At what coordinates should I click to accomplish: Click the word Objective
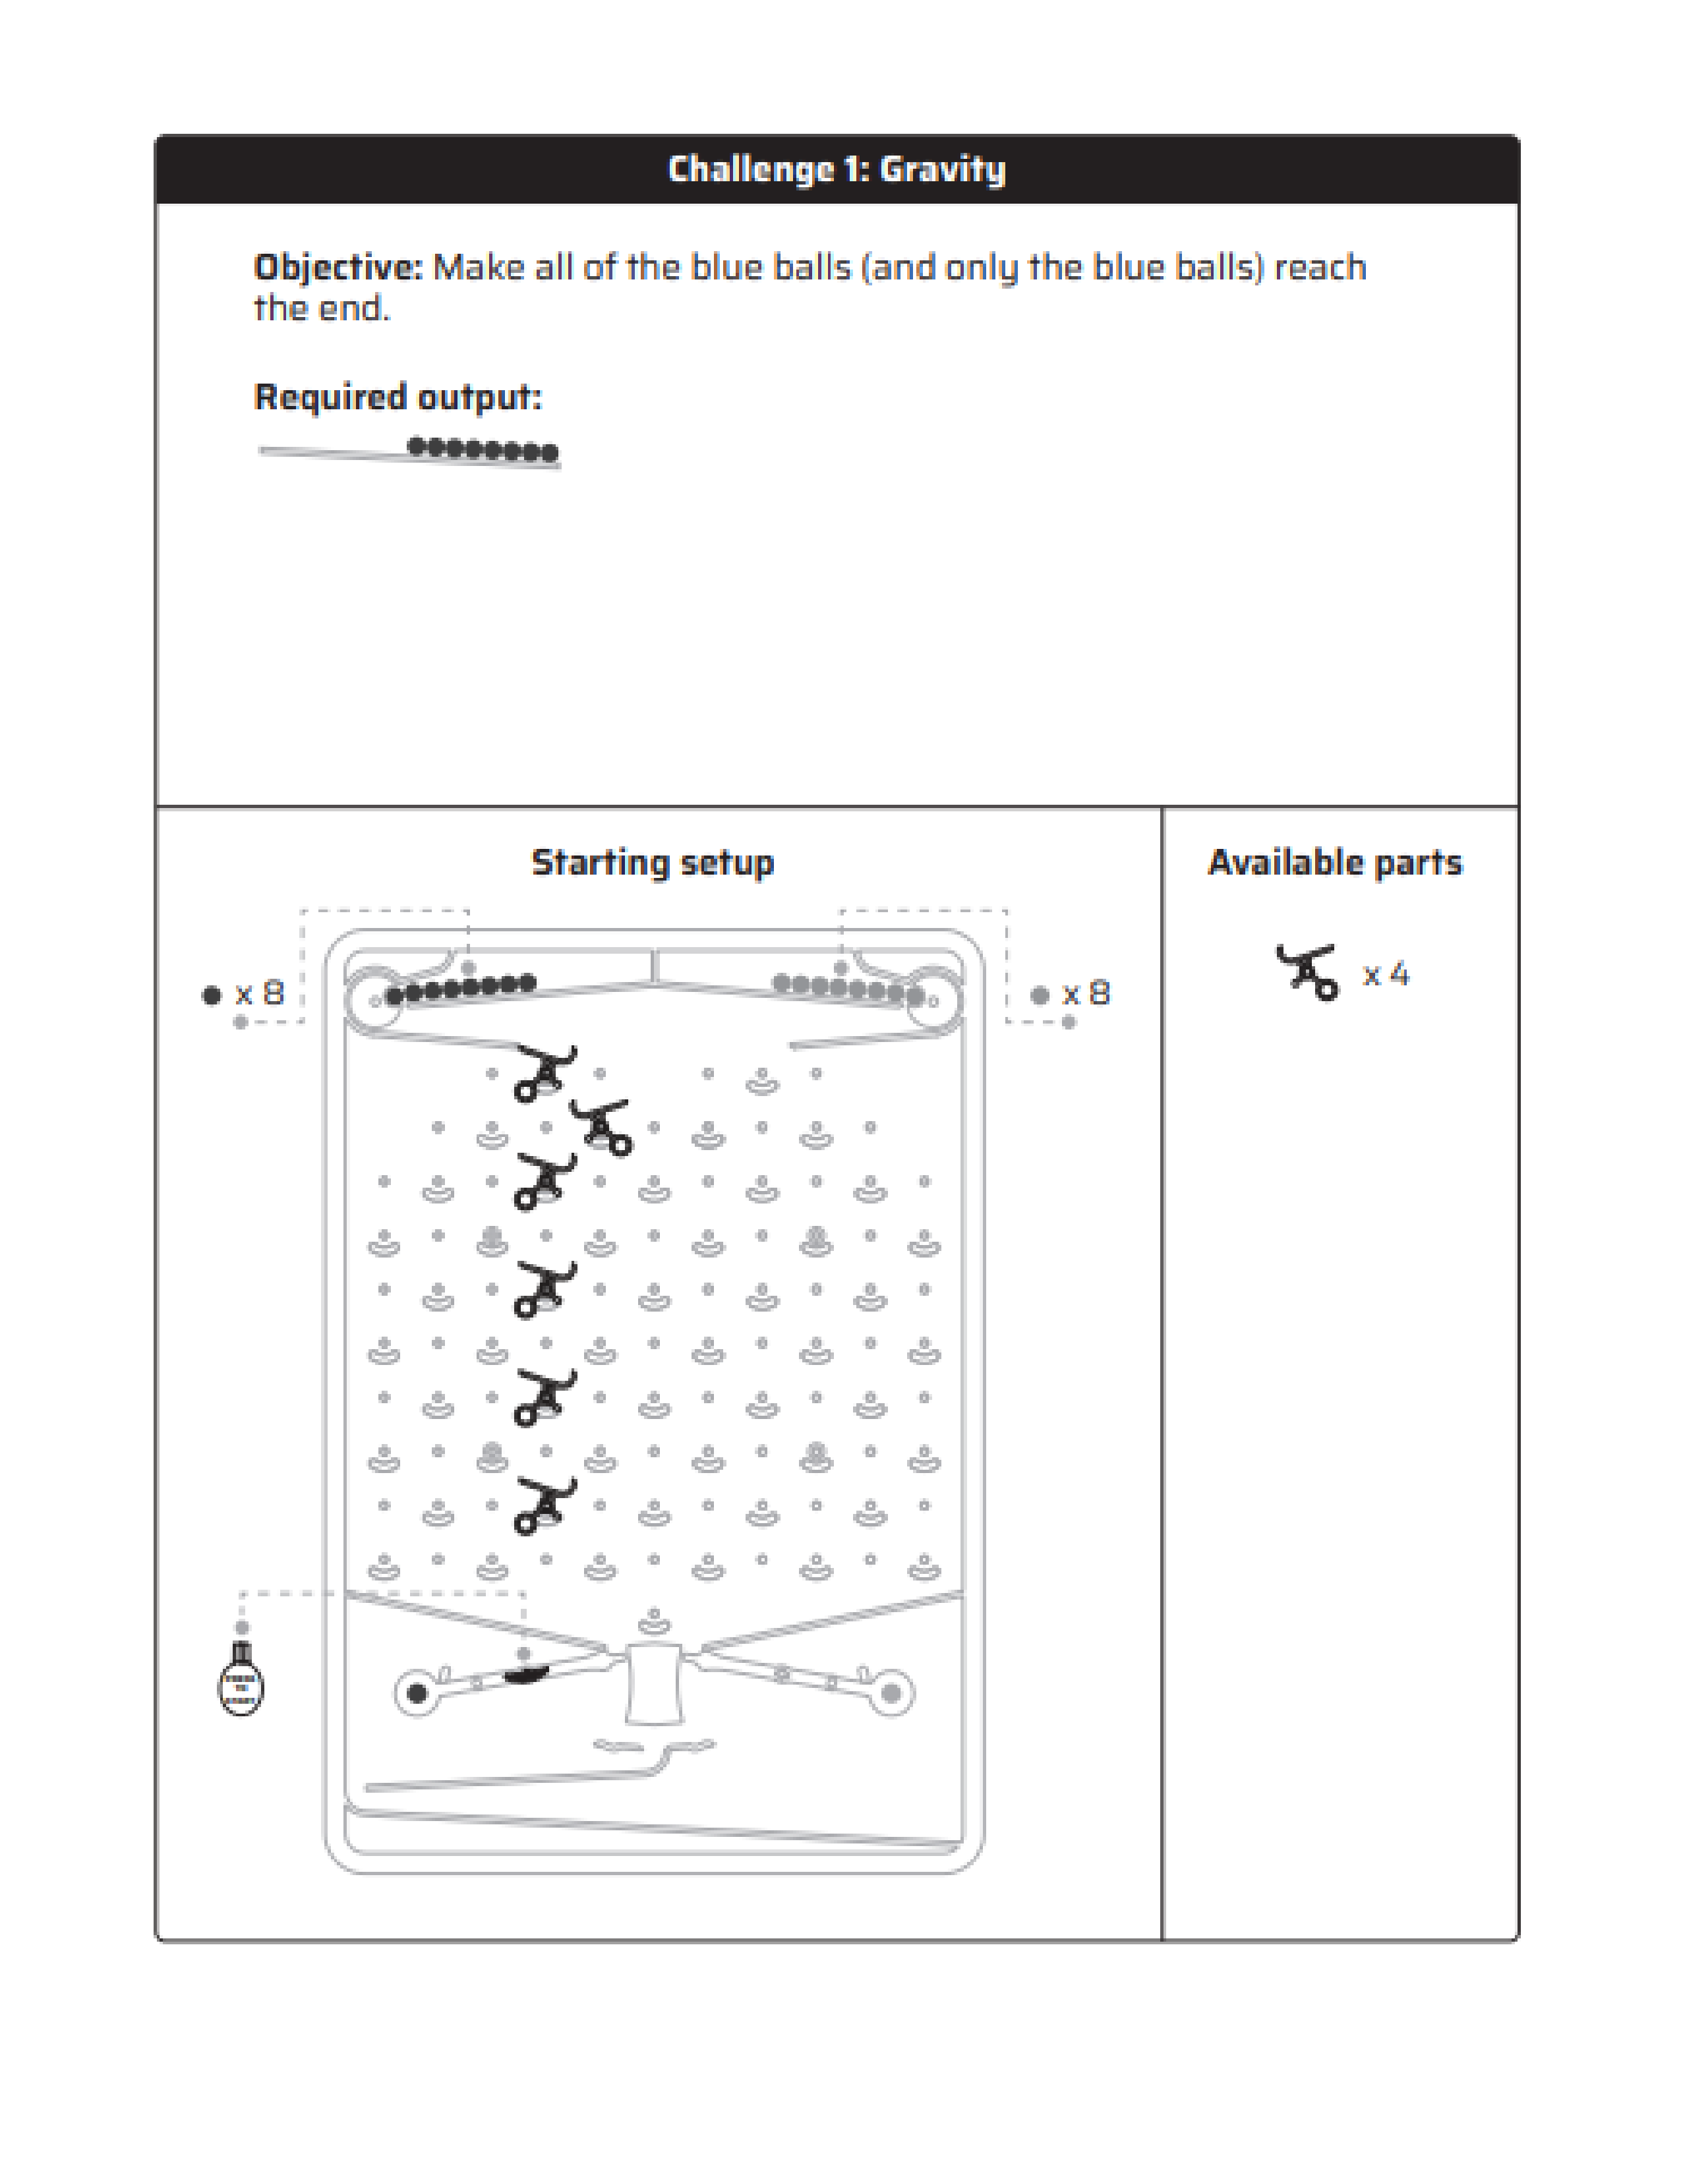coord(338,268)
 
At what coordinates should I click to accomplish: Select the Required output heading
coord(398,397)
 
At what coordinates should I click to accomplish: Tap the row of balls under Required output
coord(483,450)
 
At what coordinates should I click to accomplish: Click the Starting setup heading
coord(652,863)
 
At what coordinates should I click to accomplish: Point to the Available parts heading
coord(1334,863)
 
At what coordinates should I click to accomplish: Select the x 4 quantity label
coord(1385,974)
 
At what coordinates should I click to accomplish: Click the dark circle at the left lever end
coord(417,1693)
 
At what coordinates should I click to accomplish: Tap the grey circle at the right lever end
coord(891,1693)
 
